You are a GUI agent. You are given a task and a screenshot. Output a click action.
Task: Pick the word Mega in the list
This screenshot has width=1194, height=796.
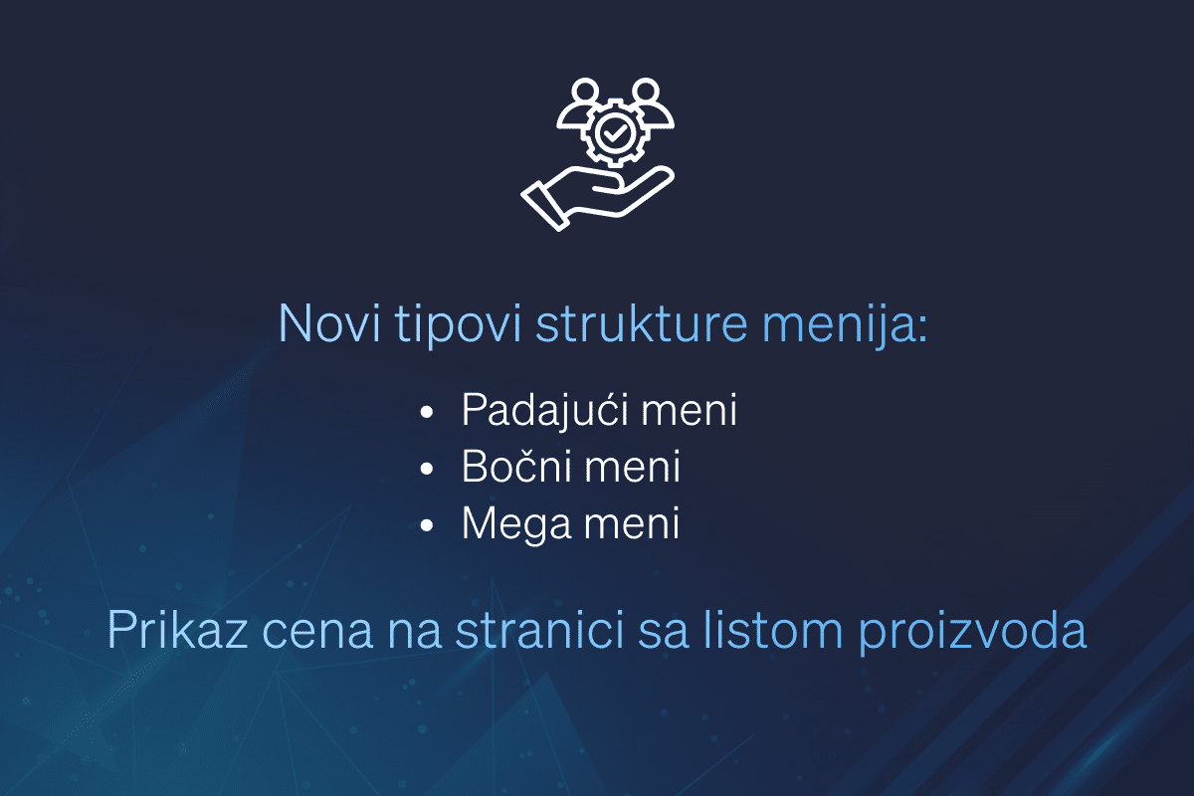pos(510,524)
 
